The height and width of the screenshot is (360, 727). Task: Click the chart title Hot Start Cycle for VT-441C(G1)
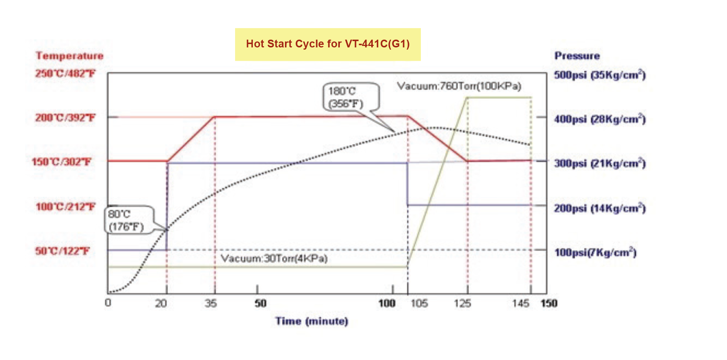pyautogui.click(x=328, y=44)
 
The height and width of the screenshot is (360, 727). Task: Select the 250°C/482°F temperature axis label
pyautogui.click(x=65, y=73)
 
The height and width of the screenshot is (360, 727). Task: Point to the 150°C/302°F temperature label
pyautogui.click(x=61, y=162)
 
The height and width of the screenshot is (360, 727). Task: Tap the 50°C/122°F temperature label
pyautogui.click(x=62, y=251)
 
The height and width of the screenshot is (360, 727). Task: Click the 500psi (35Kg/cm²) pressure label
pyautogui.click(x=600, y=75)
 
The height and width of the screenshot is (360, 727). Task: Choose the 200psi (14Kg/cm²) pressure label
pyautogui.click(x=600, y=208)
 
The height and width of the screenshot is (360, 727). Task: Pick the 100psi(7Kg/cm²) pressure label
pyautogui.click(x=595, y=253)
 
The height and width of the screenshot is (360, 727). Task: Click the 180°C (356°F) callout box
pyautogui.click(x=351, y=97)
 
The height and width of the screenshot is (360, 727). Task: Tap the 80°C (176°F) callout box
pyautogui.click(x=129, y=220)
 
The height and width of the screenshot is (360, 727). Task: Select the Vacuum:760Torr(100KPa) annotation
pyautogui.click(x=459, y=86)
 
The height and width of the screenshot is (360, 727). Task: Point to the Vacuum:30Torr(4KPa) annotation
pyautogui.click(x=274, y=258)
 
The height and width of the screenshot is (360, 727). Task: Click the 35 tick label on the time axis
pyautogui.click(x=211, y=304)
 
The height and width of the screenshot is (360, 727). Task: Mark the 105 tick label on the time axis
pyautogui.click(x=419, y=304)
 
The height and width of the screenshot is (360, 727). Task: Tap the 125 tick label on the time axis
pyautogui.click(x=462, y=304)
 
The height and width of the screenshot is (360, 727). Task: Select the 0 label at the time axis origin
pyautogui.click(x=108, y=303)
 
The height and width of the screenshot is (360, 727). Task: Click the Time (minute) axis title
pyautogui.click(x=311, y=321)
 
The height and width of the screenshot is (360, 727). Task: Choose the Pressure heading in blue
pyautogui.click(x=577, y=56)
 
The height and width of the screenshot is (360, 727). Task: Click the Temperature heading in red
pyautogui.click(x=70, y=56)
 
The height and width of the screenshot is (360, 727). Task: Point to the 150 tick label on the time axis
pyautogui.click(x=549, y=304)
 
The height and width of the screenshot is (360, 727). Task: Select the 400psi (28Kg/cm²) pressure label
pyautogui.click(x=600, y=119)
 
